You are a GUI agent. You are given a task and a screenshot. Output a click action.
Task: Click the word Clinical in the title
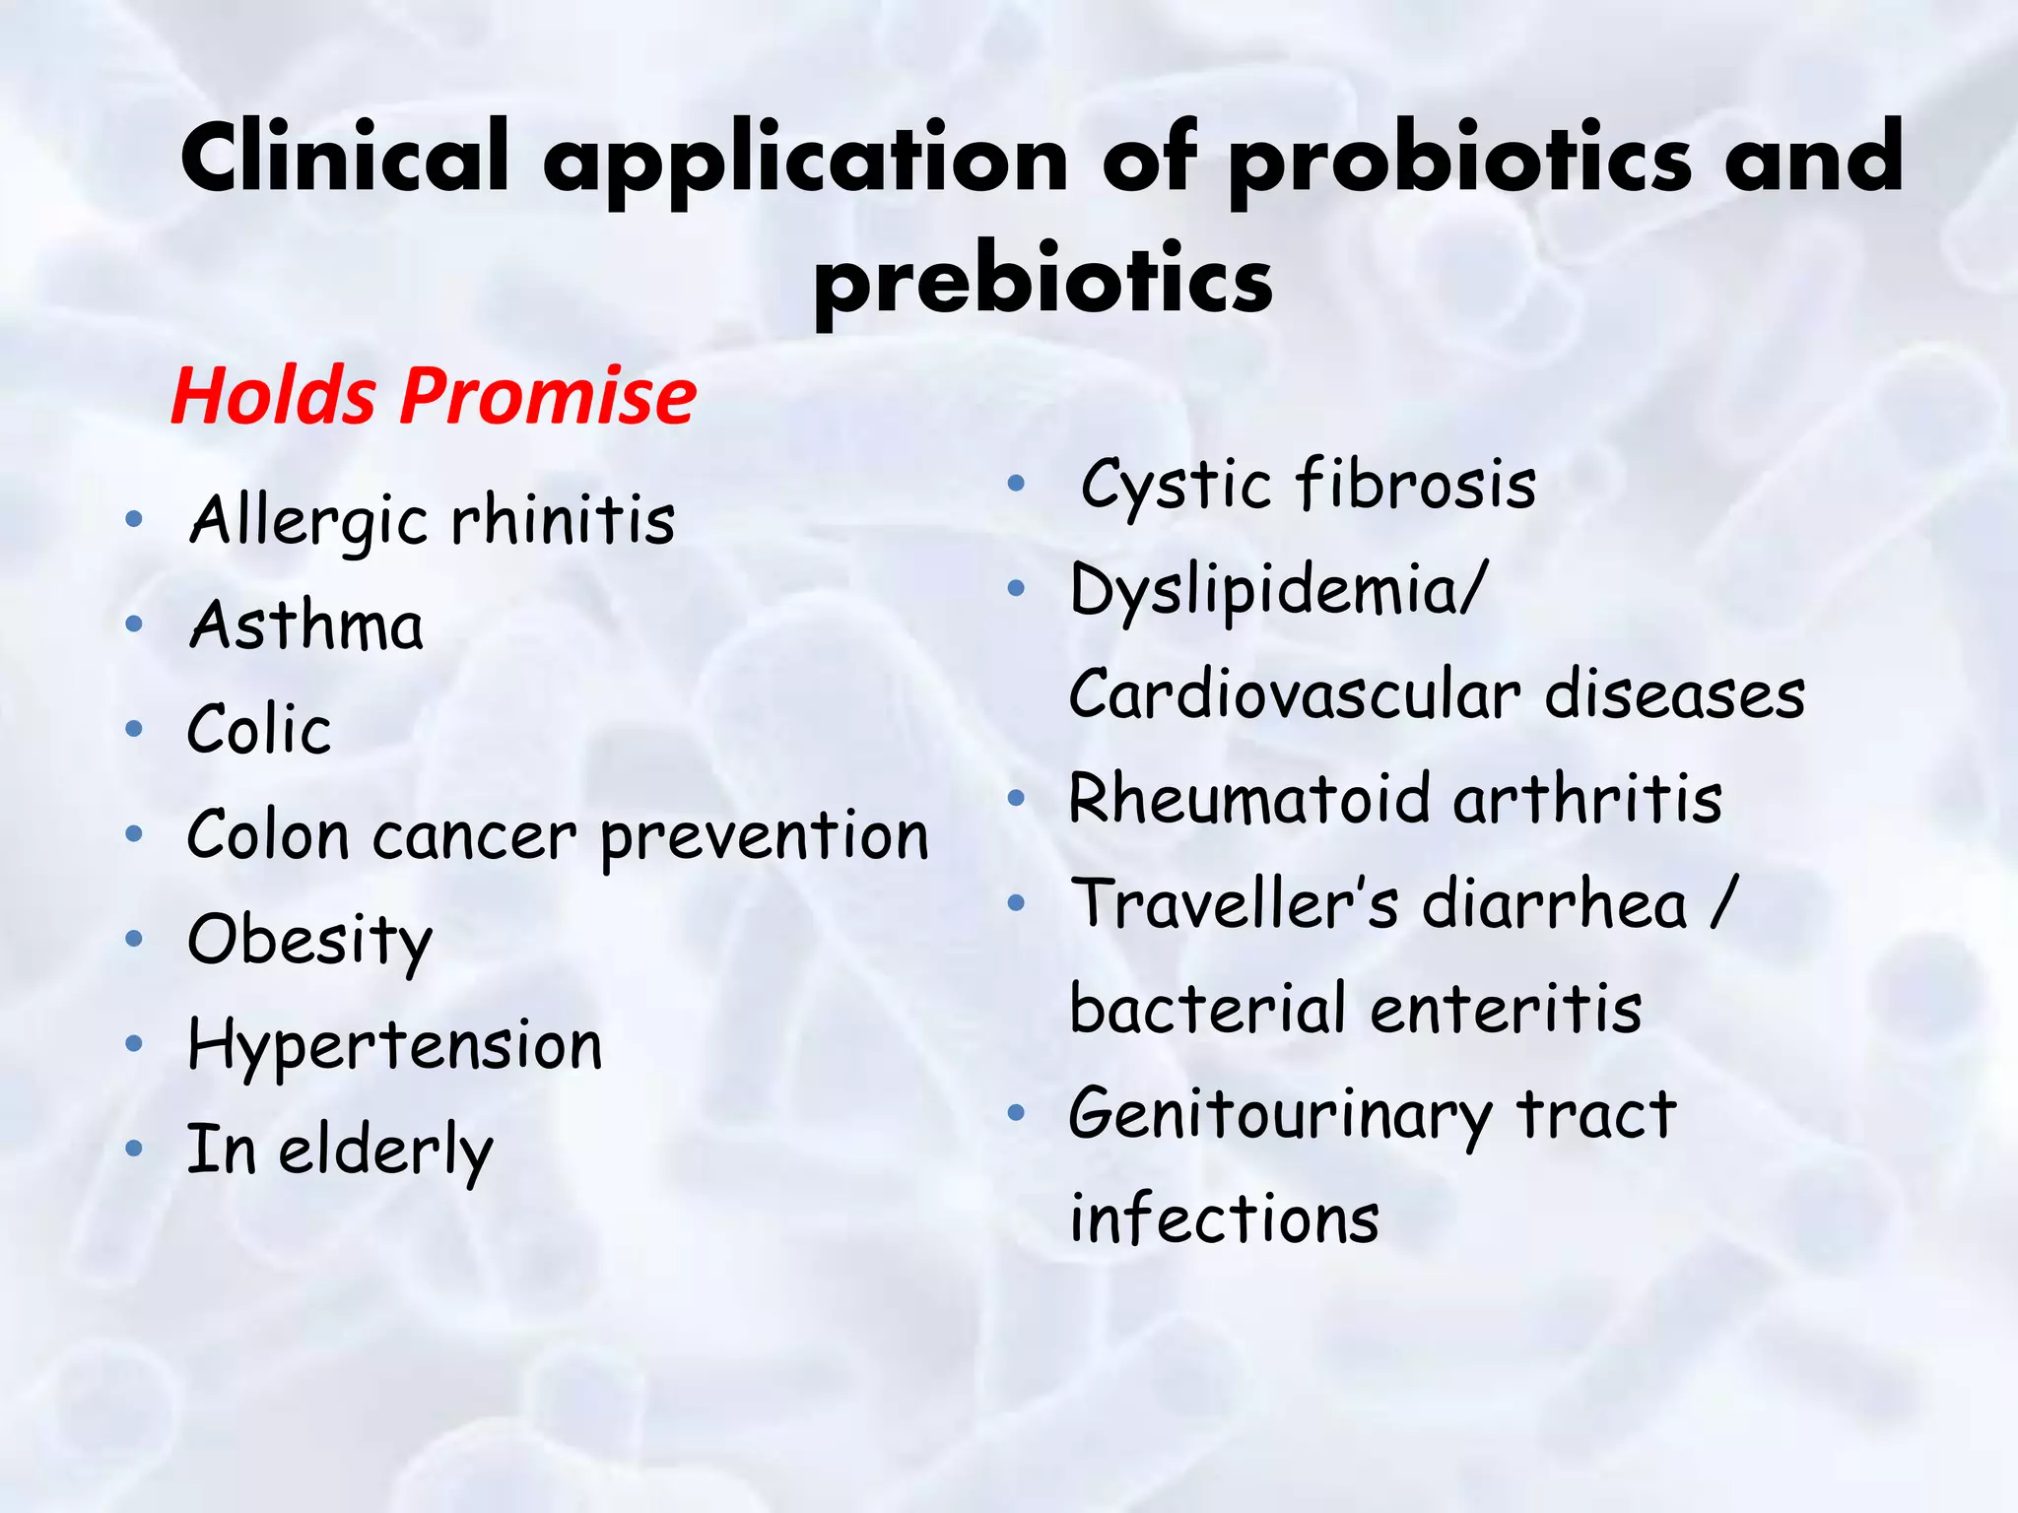coord(345,158)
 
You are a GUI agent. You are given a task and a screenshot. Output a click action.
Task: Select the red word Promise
coord(548,396)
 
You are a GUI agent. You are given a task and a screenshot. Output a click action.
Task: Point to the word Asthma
coord(306,625)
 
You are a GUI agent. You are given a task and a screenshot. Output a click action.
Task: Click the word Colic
coord(259,730)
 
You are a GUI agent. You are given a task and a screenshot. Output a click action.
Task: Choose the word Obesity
coord(309,941)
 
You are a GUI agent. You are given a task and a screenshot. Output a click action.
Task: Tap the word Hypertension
coord(394,1046)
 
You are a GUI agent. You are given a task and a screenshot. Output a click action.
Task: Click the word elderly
coord(385,1151)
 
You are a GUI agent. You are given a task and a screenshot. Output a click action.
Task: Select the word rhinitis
coord(564,520)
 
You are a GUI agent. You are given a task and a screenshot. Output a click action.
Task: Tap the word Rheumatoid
coord(1249,799)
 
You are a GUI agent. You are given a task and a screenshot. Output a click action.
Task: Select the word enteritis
coord(1506,1009)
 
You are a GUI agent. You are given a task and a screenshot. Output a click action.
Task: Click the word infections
coord(1224,1219)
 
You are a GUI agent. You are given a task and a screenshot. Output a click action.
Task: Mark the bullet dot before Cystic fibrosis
coord(1017,484)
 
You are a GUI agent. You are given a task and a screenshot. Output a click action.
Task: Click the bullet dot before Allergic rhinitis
coord(135,519)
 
